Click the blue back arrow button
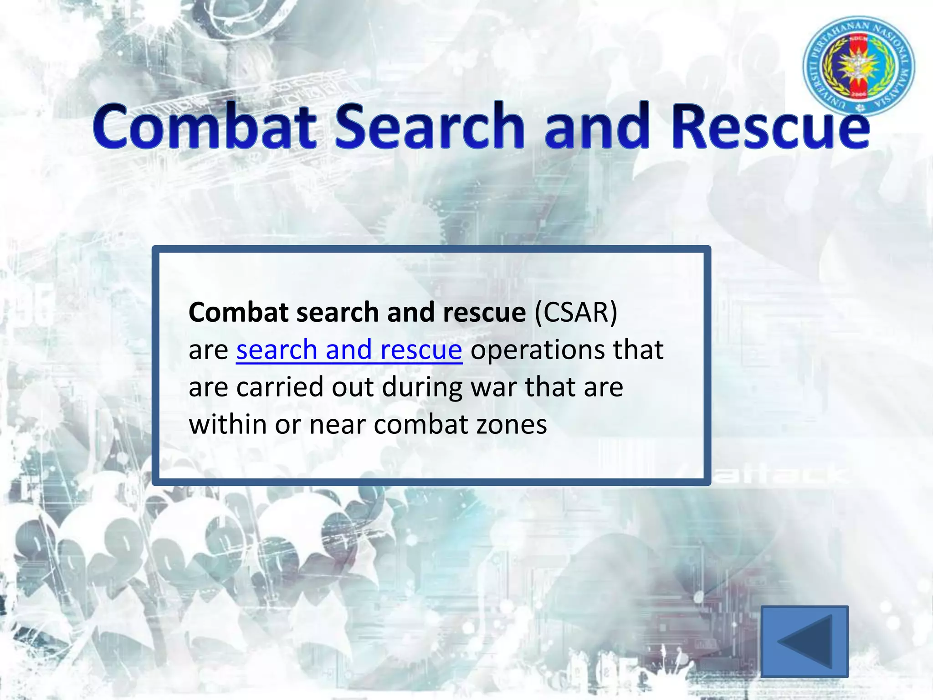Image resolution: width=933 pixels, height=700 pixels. pos(805,641)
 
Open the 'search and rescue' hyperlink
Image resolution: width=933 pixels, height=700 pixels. pos(349,350)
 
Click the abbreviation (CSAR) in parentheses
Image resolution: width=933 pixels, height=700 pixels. pos(576,313)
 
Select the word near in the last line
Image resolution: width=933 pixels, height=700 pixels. pos(337,425)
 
